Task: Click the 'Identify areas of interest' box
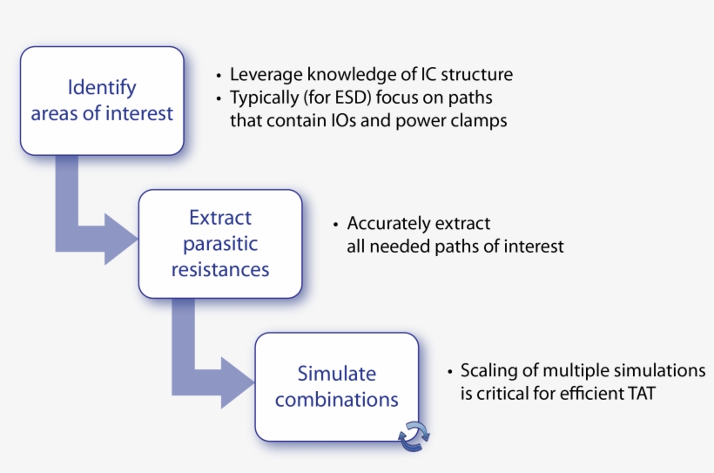point(102,100)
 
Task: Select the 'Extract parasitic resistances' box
point(220,244)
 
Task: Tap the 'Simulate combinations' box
point(337,387)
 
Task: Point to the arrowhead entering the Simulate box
point(237,380)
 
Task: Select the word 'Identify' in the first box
point(102,87)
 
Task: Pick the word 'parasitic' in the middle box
point(220,244)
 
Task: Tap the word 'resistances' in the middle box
point(220,270)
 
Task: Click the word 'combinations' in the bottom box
point(337,401)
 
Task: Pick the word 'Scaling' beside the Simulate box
point(488,370)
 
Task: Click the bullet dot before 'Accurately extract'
point(335,225)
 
